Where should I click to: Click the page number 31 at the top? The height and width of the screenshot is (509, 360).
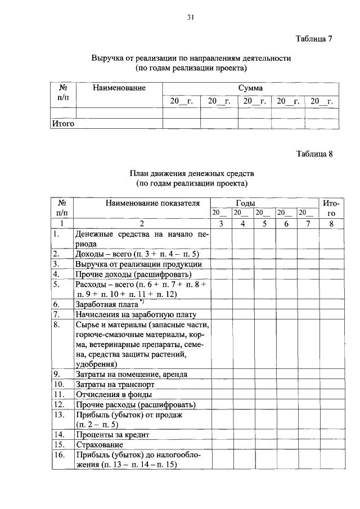click(x=190, y=17)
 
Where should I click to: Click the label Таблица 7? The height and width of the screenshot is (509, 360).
click(x=314, y=39)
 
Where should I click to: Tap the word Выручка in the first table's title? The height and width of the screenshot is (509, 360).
click(x=109, y=58)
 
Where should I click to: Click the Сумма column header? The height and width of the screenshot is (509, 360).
click(x=250, y=88)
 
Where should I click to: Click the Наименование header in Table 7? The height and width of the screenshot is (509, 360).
click(x=119, y=88)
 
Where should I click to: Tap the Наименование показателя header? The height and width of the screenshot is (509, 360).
click(x=142, y=202)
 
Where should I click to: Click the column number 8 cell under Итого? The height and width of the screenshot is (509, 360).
click(x=331, y=224)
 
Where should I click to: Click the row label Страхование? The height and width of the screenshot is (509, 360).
click(x=97, y=445)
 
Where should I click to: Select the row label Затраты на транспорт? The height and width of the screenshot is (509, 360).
click(x=115, y=384)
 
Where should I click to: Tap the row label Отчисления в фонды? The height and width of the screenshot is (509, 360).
click(x=110, y=394)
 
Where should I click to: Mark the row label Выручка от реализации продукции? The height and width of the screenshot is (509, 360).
click(x=138, y=264)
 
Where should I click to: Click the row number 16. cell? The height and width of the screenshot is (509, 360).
click(x=57, y=455)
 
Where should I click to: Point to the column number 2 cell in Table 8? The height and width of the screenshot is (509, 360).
click(x=142, y=224)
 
